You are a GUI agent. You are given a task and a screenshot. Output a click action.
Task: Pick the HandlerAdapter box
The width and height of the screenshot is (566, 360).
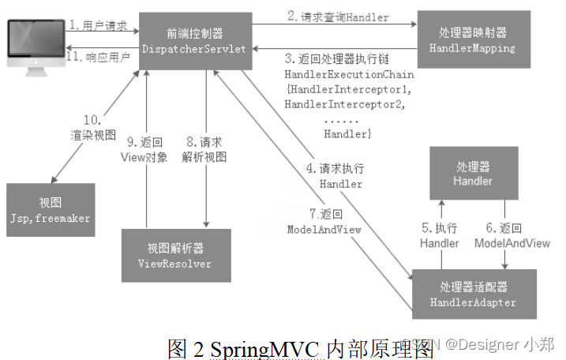tap(473, 294)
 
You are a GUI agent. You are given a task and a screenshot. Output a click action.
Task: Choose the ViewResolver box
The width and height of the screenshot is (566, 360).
tap(174, 255)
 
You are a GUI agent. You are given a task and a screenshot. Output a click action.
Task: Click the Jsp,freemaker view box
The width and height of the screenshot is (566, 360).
tap(51, 209)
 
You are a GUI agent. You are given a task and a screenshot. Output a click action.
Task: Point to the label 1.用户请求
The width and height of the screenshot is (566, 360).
tap(97, 26)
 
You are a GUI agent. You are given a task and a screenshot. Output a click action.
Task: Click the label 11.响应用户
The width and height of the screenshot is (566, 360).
tap(97, 57)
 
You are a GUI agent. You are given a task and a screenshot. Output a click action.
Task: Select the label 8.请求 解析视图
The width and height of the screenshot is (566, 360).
tap(204, 149)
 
